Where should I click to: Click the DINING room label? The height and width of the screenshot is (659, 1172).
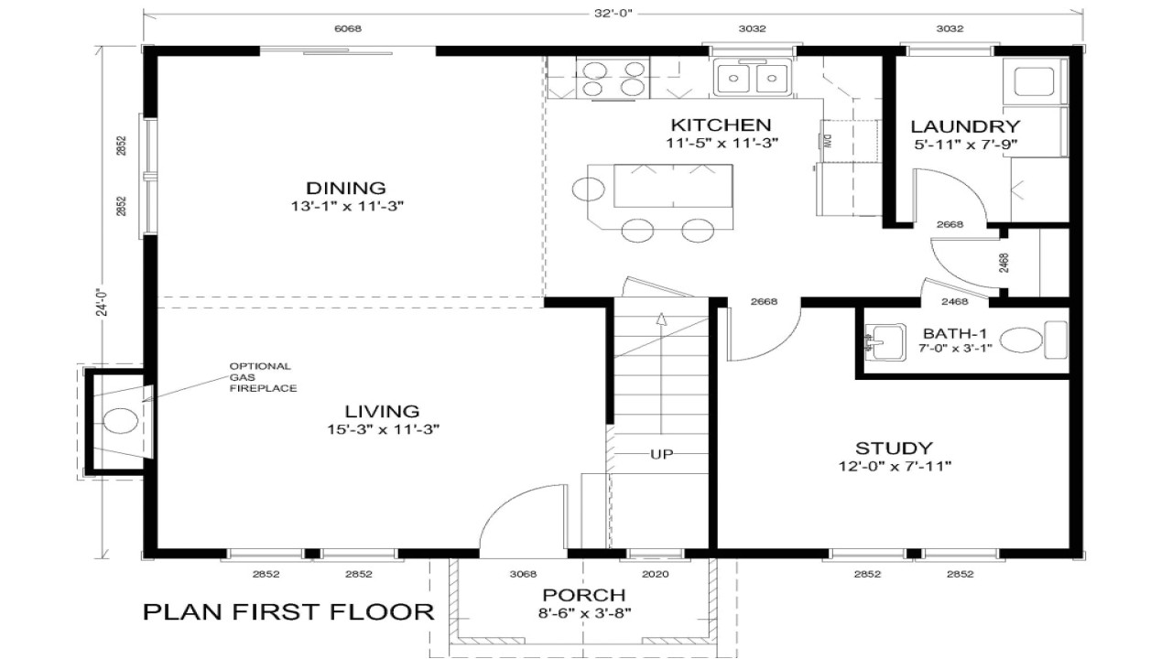346,188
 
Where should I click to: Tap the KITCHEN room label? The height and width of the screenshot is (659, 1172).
721,124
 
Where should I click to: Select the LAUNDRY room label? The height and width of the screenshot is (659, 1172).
965,126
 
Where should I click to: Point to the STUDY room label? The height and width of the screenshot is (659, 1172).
894,448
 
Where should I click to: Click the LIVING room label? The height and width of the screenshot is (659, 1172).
383,411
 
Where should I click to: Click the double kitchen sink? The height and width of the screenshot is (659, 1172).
752,77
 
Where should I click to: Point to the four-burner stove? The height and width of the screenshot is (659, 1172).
613,78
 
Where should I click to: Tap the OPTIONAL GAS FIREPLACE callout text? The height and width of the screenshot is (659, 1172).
262,377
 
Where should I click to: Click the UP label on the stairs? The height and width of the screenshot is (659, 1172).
663,454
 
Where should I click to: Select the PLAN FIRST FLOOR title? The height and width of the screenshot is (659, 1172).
288,611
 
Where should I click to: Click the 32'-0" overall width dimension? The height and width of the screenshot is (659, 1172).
613,13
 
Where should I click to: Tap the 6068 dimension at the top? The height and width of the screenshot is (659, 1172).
348,28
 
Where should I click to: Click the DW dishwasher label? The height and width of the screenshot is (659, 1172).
825,140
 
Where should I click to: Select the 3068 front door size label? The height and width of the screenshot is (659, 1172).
522,574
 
